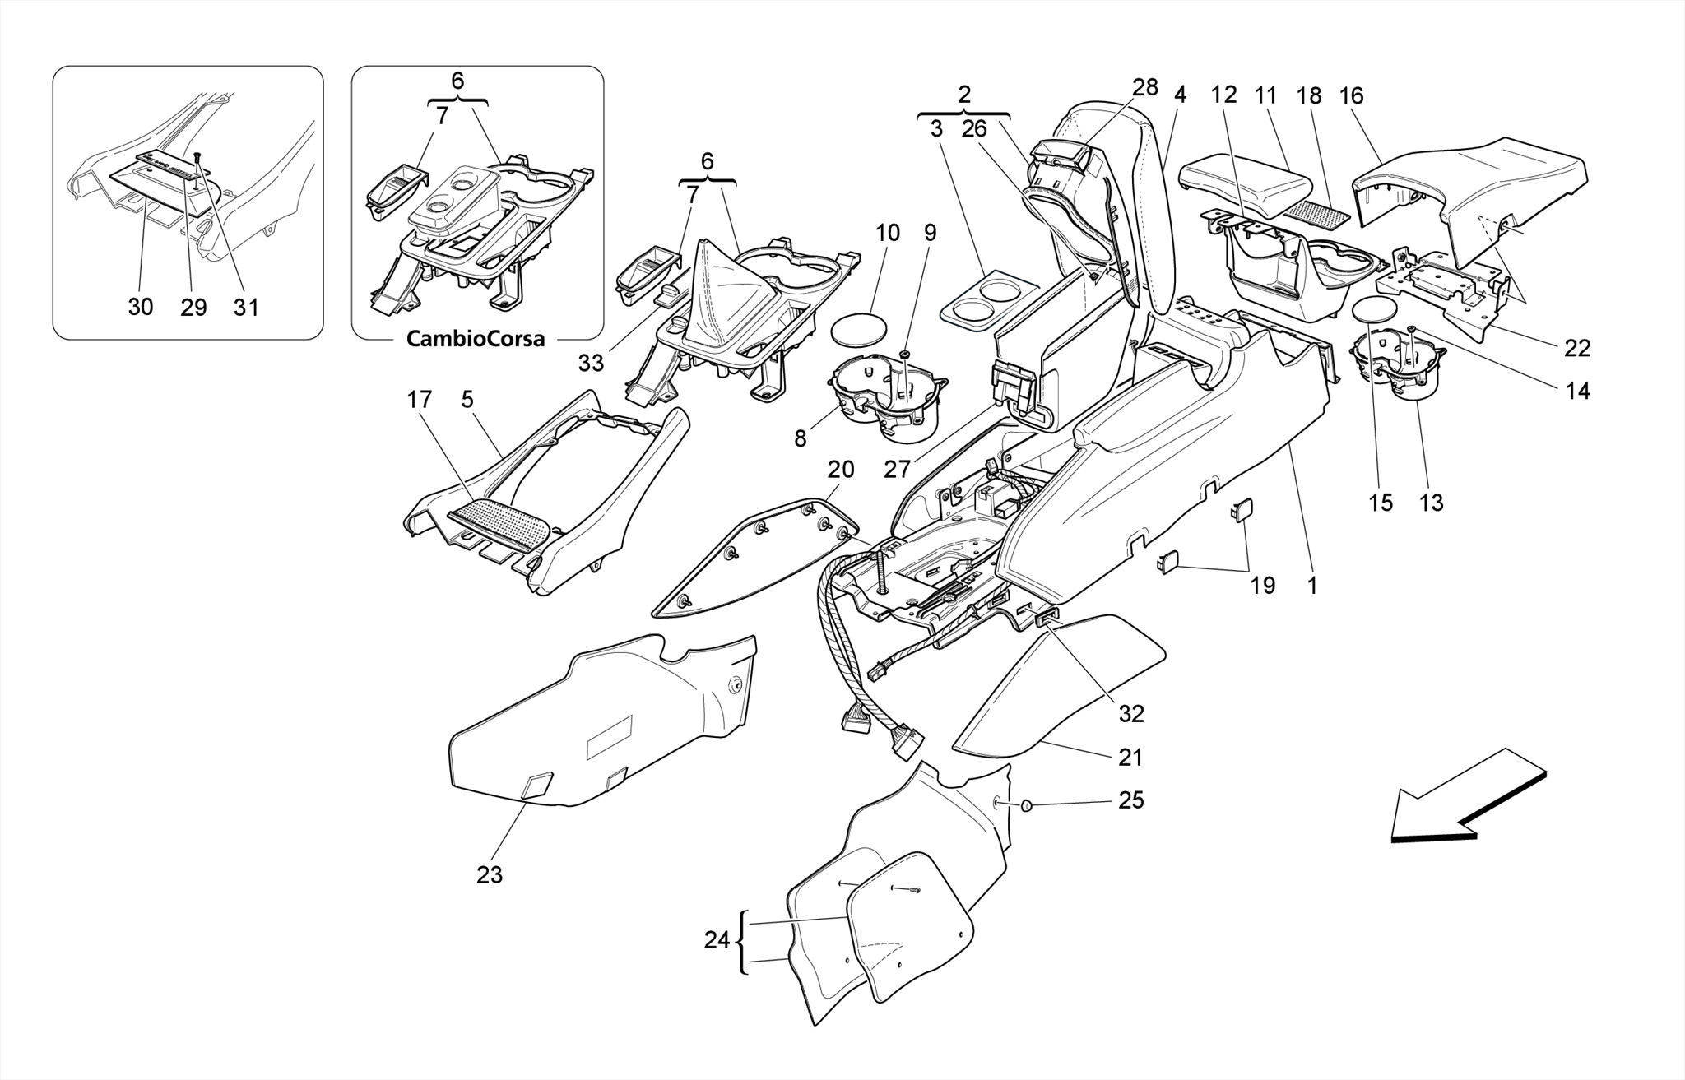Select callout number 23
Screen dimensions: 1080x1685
[489, 875]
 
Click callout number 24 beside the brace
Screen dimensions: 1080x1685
[717, 939]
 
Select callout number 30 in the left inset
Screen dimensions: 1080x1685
[141, 307]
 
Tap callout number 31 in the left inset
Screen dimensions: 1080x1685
[246, 307]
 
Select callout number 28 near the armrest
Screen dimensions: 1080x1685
[1144, 88]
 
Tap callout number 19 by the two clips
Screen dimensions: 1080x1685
[1262, 586]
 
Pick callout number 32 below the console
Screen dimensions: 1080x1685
[1131, 714]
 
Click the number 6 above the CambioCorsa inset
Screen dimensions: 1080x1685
[457, 81]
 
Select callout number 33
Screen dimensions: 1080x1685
[591, 362]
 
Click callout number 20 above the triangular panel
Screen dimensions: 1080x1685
[840, 470]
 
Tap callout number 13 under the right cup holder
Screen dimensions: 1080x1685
[1431, 503]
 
